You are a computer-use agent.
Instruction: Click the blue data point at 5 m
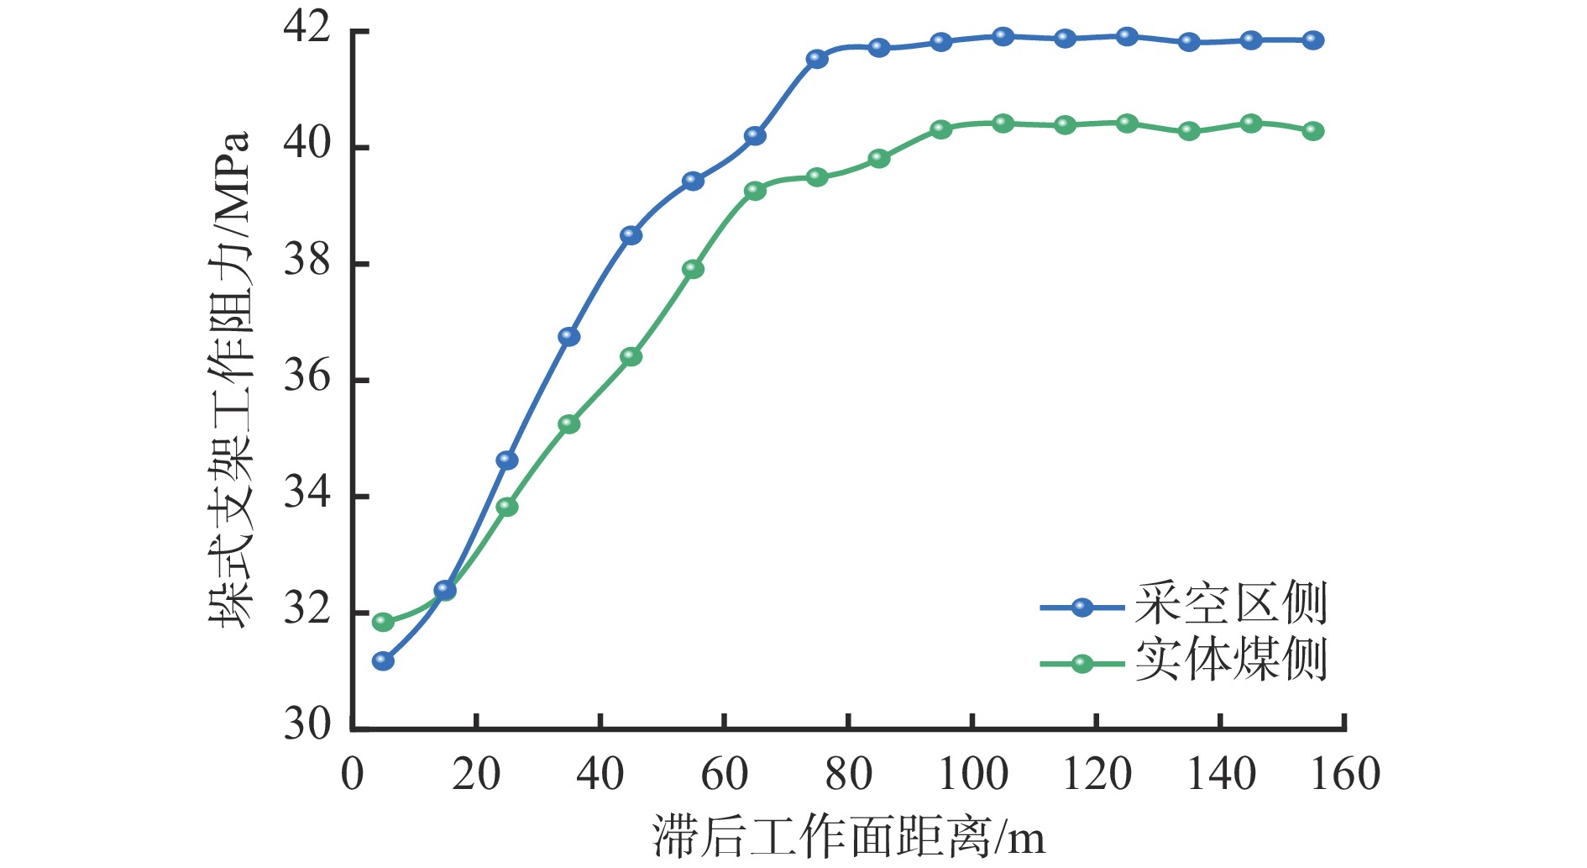[383, 661]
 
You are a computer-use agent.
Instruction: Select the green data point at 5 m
[383, 622]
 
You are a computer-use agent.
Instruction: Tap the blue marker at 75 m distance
[817, 59]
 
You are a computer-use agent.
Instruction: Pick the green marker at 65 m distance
[755, 191]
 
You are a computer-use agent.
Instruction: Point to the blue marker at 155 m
[1313, 40]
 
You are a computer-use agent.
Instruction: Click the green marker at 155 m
[1313, 131]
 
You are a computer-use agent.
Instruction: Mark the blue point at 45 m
[631, 235]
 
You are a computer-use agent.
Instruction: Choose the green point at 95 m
[941, 129]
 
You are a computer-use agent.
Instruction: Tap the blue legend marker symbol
[1082, 608]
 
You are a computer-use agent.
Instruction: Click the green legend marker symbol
[1082, 664]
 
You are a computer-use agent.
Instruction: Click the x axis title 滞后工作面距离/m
[848, 838]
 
